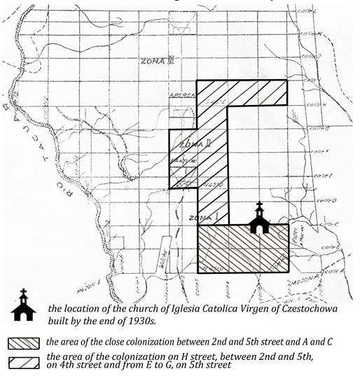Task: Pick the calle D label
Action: coord(323,201)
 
